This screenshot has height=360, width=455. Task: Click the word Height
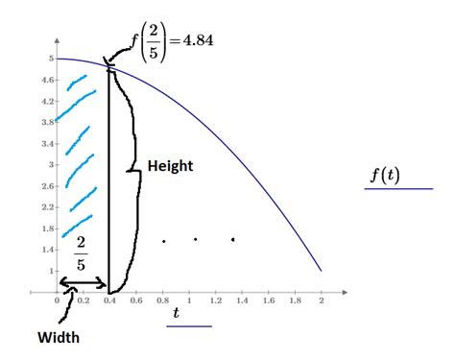pyautogui.click(x=170, y=166)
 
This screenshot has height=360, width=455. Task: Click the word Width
pyautogui.click(x=58, y=338)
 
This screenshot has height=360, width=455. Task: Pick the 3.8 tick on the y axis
pyautogui.click(x=48, y=122)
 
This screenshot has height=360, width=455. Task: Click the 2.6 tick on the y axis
pyautogui.click(x=48, y=185)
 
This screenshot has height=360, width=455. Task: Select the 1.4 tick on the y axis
pyautogui.click(x=48, y=249)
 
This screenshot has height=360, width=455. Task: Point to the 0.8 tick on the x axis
pyautogui.click(x=162, y=300)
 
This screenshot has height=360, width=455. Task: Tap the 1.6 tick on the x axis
pyautogui.click(x=268, y=300)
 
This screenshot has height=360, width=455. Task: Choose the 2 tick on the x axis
pyautogui.click(x=321, y=300)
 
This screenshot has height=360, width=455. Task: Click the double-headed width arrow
pyautogui.click(x=83, y=282)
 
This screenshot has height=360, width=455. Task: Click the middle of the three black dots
pyautogui.click(x=195, y=239)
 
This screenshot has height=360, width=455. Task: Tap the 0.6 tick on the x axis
pyautogui.click(x=136, y=300)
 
